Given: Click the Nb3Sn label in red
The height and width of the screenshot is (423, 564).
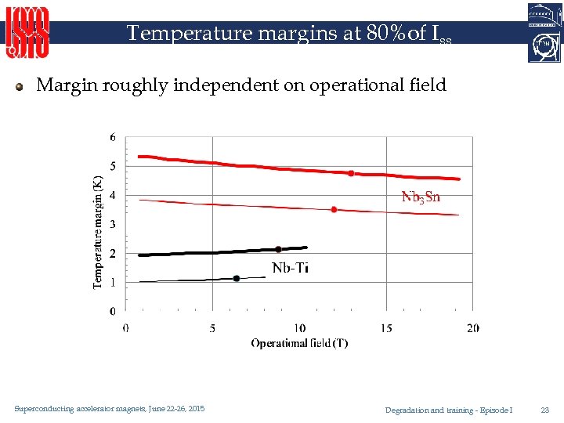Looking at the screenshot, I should [421, 197].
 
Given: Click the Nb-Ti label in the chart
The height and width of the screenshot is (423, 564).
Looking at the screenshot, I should [290, 268].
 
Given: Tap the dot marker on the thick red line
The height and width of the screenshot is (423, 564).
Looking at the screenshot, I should [351, 173].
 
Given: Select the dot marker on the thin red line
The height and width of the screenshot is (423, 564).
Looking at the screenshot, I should [334, 209].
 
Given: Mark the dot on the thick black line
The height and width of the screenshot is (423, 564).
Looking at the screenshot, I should [278, 249].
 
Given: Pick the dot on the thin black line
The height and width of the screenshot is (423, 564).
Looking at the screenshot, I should [237, 278].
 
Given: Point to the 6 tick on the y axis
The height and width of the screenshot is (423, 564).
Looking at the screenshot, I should [113, 137].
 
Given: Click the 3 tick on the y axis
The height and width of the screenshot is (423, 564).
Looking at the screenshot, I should [113, 224].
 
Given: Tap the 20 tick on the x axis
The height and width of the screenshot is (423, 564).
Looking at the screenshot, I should [472, 328].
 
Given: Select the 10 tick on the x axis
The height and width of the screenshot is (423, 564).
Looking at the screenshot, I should [299, 328].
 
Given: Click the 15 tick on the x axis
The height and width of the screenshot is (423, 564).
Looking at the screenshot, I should [386, 328].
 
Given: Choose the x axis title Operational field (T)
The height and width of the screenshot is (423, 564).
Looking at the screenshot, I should [299, 343].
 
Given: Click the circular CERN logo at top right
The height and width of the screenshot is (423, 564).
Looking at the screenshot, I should [545, 46].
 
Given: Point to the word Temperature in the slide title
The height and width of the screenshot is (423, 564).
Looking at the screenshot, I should [175, 34].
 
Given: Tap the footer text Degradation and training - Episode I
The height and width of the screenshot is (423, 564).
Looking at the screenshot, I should [448, 410].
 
